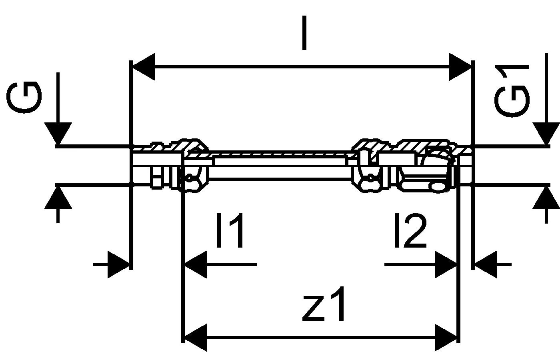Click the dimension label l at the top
304,33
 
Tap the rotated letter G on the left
24,97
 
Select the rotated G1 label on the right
512,91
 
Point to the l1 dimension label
230,230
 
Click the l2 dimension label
410,230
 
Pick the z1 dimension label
324,304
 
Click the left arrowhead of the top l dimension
144,67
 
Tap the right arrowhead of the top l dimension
460,67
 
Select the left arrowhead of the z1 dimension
196,338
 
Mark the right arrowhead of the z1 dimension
446,338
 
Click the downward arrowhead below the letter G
58,134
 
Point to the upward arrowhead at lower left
58,198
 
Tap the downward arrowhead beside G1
546,134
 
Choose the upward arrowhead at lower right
546,198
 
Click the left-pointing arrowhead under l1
196,264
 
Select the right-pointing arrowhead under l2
446,264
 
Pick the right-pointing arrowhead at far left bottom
118,264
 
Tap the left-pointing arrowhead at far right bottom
486,264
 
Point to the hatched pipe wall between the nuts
280,154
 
